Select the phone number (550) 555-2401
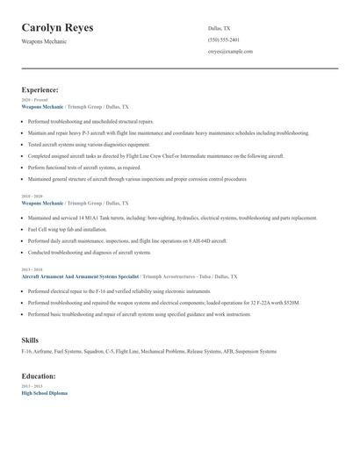(223, 40)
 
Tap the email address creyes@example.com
(230, 52)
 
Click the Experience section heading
(40, 89)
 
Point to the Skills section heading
(30, 339)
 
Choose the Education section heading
(39, 376)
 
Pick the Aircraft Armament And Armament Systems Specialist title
(79, 275)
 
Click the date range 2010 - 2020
(31, 196)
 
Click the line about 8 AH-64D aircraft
(127, 240)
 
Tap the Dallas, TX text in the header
(220, 28)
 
